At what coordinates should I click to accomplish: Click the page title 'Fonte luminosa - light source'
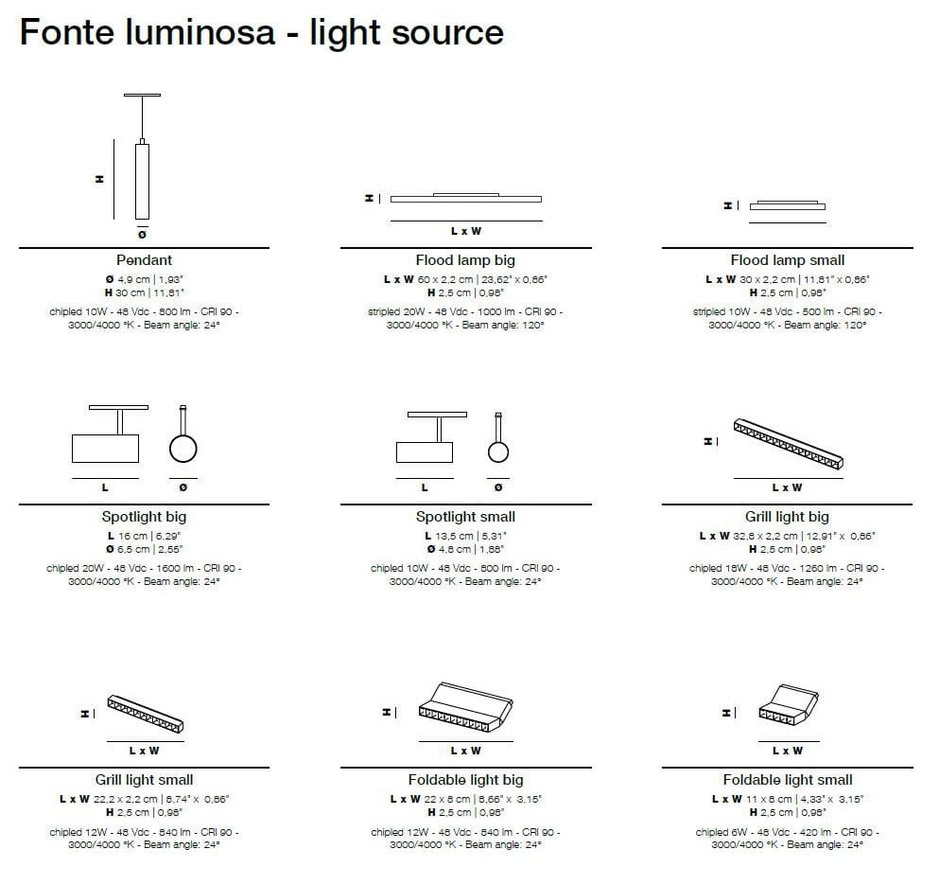click(262, 33)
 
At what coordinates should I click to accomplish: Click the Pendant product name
click(144, 259)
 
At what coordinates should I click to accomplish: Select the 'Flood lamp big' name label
click(465, 259)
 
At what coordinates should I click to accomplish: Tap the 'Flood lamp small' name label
click(787, 259)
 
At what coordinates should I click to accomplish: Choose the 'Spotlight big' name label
click(144, 517)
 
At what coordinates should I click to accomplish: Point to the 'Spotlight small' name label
click(465, 517)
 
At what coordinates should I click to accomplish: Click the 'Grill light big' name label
click(787, 517)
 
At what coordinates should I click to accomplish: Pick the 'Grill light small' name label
click(144, 780)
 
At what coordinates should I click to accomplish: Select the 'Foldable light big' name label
click(465, 780)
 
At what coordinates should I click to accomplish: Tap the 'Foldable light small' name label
click(787, 780)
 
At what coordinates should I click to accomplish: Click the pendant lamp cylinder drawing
click(142, 180)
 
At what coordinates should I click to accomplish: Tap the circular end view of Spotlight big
click(183, 447)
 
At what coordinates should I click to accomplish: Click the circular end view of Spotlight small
click(498, 451)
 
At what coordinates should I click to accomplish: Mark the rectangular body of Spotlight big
click(106, 447)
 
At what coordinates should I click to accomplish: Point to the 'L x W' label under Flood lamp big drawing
click(465, 232)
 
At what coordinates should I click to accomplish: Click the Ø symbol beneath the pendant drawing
click(142, 234)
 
